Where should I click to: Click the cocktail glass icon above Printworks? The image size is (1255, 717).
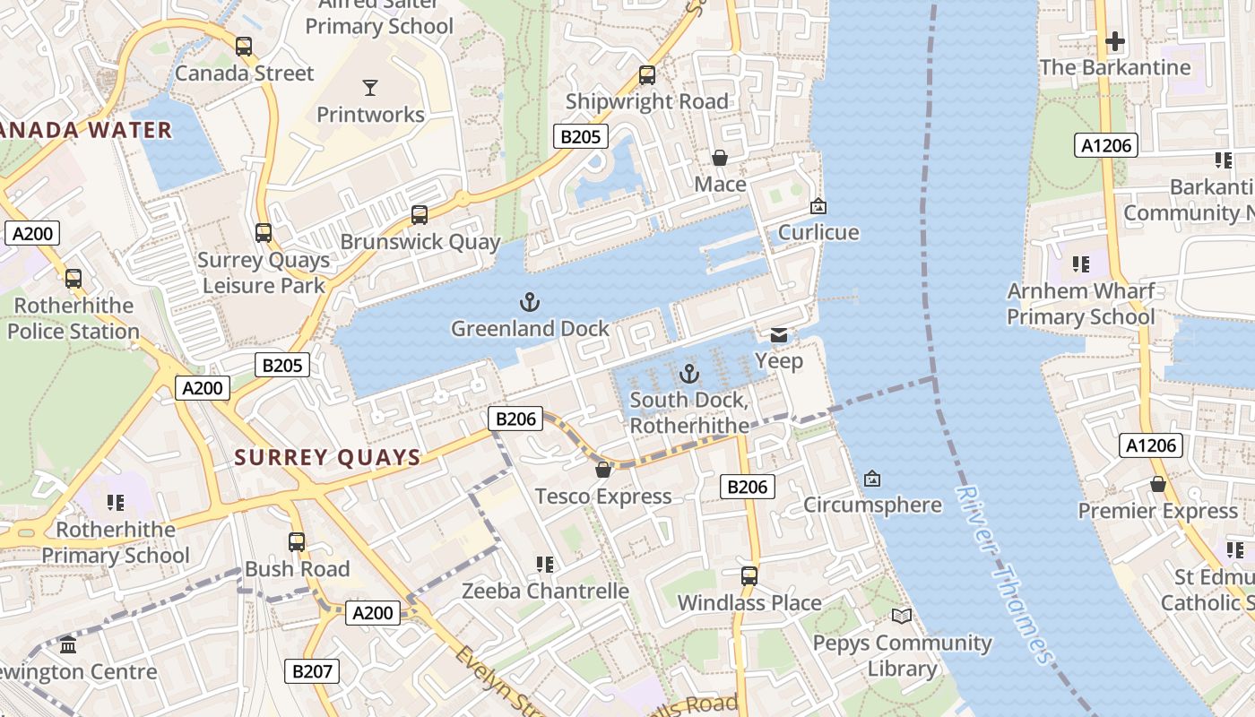pyautogui.click(x=370, y=87)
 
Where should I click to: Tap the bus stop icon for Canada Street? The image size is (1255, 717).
pyautogui.click(x=244, y=46)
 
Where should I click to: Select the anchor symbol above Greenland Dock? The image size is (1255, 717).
pyautogui.click(x=530, y=301)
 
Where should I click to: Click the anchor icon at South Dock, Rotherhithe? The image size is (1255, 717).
pyautogui.click(x=689, y=373)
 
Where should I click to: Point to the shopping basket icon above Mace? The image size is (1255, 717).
pyautogui.click(x=719, y=158)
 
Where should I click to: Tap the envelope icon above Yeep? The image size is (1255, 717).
pyautogui.click(x=779, y=335)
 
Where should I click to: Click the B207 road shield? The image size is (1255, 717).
pyautogui.click(x=312, y=670)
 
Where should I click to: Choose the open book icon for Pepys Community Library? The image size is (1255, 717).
pyautogui.click(x=902, y=616)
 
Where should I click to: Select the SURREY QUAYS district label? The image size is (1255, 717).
pyautogui.click(x=327, y=458)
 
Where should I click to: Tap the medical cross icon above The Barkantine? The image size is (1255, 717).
pyautogui.click(x=1114, y=41)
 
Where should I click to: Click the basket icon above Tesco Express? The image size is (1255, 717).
pyautogui.click(x=603, y=470)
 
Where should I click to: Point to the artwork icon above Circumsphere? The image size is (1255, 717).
pyautogui.click(x=871, y=479)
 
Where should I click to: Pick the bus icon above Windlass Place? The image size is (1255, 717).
pyautogui.click(x=749, y=575)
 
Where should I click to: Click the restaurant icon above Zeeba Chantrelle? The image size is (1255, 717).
pyautogui.click(x=544, y=565)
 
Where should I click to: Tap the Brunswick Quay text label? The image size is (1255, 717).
pyautogui.click(x=420, y=243)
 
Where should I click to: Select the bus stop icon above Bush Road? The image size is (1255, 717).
pyautogui.click(x=297, y=542)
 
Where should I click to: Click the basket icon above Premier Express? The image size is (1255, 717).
pyautogui.click(x=1157, y=484)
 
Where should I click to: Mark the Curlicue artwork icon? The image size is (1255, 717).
pyautogui.click(x=818, y=206)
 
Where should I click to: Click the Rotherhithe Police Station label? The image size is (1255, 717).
pyautogui.click(x=74, y=318)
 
